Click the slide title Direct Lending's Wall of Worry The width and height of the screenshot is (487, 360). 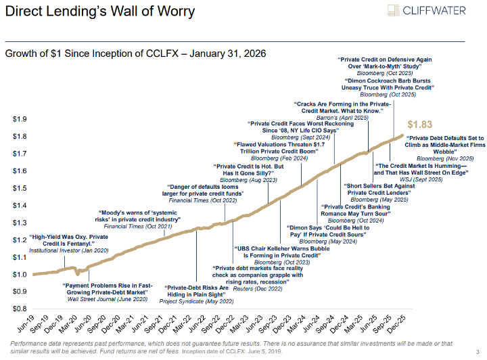coord(99,12)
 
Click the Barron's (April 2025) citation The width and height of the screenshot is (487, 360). coord(343,118)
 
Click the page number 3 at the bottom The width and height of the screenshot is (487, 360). coord(478,351)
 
